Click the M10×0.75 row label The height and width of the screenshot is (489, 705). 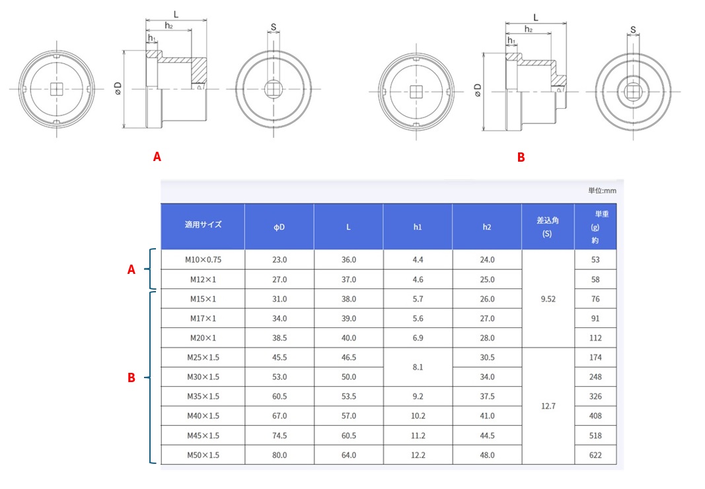click(204, 259)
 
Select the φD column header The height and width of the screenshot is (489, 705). click(279, 227)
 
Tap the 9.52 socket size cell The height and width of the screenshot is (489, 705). click(548, 298)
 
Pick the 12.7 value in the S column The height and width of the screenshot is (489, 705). click(548, 406)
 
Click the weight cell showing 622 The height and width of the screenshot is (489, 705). click(595, 455)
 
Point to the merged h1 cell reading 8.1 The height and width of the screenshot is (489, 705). click(418, 367)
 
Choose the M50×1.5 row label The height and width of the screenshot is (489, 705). click(204, 455)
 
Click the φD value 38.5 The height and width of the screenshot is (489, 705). click(279, 338)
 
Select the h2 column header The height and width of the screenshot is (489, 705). click(487, 227)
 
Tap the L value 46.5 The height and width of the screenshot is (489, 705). click(348, 358)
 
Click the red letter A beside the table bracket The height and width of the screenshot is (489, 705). click(131, 269)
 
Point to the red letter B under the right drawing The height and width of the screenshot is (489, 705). click(521, 157)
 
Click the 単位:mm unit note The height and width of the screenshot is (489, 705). click(602, 191)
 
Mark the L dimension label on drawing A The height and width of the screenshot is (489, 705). click(176, 15)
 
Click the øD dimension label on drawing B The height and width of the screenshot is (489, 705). click(478, 90)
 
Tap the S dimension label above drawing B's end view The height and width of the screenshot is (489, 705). click(633, 30)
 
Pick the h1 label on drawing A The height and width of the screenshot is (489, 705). click(152, 38)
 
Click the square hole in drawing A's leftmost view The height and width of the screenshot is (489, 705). click(56, 89)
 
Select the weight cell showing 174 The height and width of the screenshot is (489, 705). click(595, 358)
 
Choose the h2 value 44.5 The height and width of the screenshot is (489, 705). click(487, 436)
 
